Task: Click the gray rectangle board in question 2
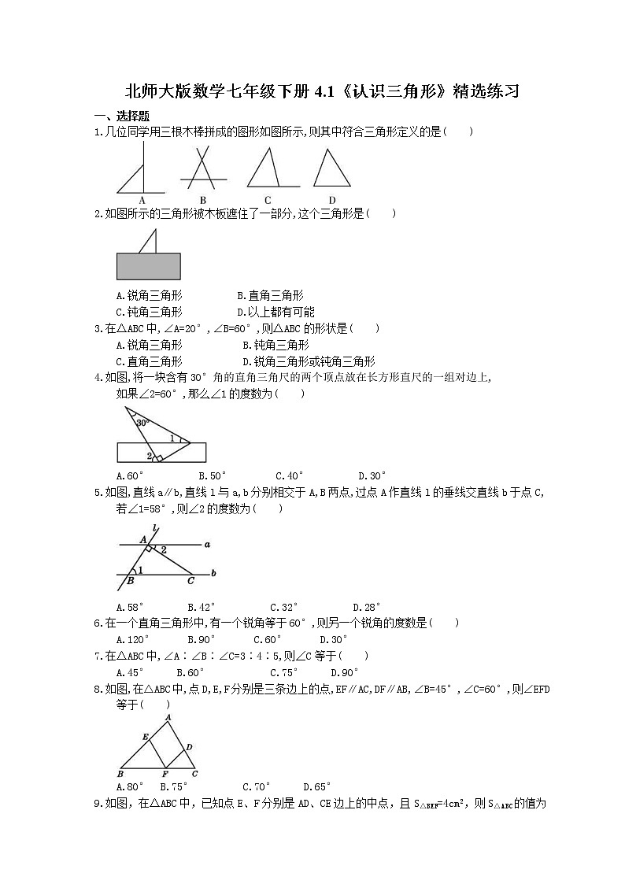click(148, 266)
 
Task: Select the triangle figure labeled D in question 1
click(331, 168)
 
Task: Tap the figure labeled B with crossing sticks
click(203, 170)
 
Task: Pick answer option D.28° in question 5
click(367, 607)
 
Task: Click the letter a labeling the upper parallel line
click(206, 544)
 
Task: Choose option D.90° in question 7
click(344, 672)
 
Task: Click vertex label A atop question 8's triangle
click(168, 717)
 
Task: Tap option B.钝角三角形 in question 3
click(276, 345)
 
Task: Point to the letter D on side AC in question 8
click(190, 745)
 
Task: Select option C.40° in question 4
click(290, 475)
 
